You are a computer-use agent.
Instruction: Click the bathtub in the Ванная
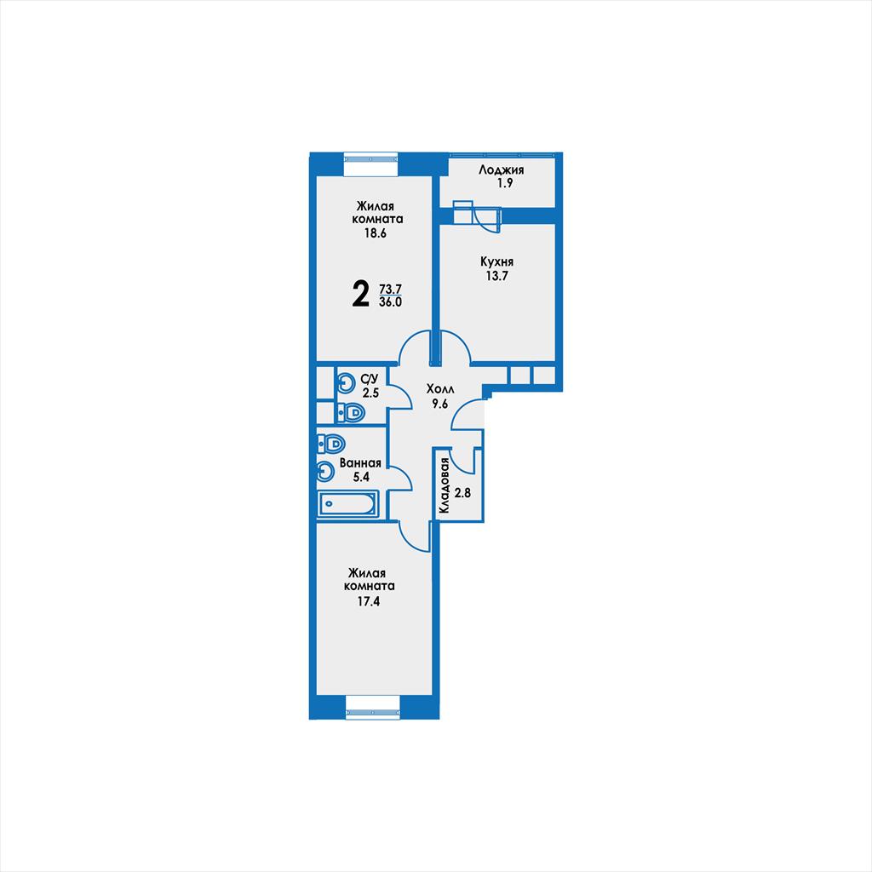coord(347,504)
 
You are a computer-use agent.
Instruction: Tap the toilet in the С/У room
coord(350,413)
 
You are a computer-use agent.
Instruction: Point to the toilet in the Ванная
coord(331,444)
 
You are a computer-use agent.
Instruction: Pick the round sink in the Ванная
coord(325,472)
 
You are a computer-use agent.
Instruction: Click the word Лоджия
coord(501,170)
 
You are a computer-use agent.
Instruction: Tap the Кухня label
coord(496,262)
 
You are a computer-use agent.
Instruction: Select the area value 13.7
coord(496,276)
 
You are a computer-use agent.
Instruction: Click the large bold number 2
coord(361,294)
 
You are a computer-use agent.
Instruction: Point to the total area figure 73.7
coord(390,290)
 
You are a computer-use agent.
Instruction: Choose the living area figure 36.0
coord(390,302)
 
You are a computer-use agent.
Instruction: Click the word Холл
coord(440,388)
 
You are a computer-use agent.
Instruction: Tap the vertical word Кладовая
coord(444,485)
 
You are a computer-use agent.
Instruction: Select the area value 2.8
coord(462,492)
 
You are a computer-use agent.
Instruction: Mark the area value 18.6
coord(376,233)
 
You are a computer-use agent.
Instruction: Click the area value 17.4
coord(369,601)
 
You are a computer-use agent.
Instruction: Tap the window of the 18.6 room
coord(371,158)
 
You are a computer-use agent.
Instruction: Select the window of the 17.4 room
coord(373,714)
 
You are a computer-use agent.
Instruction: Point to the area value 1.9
coord(505,183)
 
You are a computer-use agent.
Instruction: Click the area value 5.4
coord(361,477)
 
